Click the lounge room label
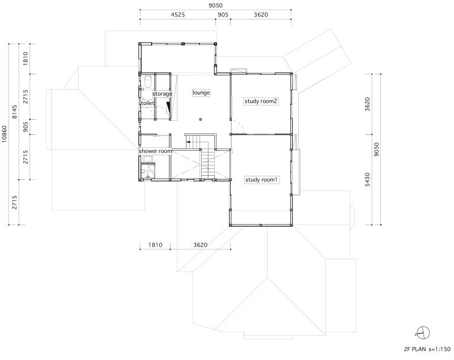201,92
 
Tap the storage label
162,94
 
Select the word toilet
147,104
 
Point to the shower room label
155,151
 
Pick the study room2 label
261,101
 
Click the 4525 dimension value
177,15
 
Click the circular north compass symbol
423,333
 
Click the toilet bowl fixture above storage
147,83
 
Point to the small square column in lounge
201,119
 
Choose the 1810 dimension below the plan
156,245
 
